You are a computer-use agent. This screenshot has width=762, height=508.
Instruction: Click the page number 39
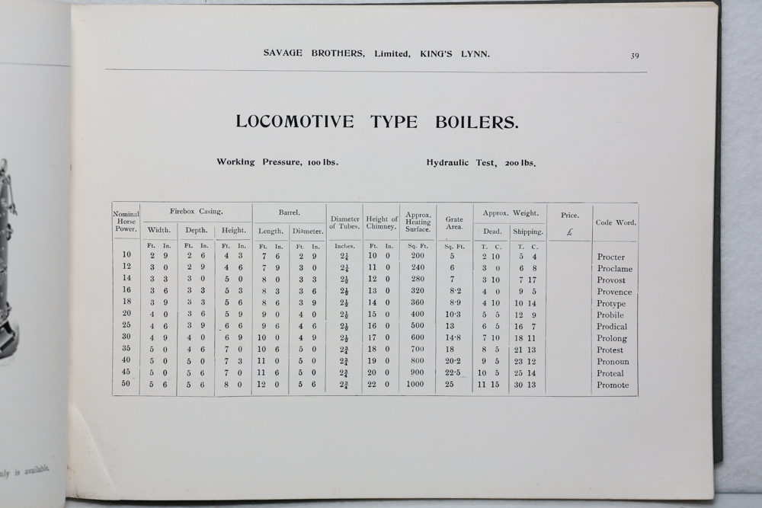tap(635, 56)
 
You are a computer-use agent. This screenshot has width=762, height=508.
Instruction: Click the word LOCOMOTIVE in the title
tap(295, 122)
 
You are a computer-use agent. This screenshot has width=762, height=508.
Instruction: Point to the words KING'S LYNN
tap(455, 53)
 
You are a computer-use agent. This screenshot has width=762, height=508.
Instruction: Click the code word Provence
tap(614, 292)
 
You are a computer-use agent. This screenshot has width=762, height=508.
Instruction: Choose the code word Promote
tap(613, 385)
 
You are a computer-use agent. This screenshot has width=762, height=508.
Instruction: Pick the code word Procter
tap(611, 257)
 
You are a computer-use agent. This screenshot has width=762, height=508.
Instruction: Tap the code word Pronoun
tap(613, 362)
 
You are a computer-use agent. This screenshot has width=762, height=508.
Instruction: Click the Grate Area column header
tap(454, 222)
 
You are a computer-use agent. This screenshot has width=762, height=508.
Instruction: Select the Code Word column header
tap(616, 222)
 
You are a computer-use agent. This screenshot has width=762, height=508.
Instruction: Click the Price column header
tap(569, 216)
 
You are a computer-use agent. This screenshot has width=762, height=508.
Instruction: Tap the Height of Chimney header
tap(382, 222)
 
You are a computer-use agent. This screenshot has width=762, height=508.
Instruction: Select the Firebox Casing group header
tap(197, 212)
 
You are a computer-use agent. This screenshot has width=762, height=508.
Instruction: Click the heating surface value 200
tap(418, 256)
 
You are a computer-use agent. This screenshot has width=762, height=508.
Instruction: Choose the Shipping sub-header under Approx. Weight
tap(528, 231)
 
